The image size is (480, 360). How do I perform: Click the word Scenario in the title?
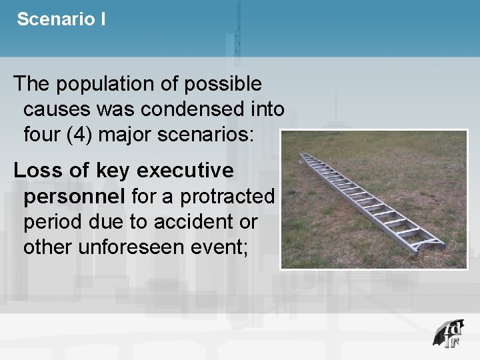click(56, 19)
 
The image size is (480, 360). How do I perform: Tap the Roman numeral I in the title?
click(103, 19)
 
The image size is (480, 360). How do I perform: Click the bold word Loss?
click(36, 171)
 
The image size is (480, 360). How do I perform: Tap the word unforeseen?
click(133, 247)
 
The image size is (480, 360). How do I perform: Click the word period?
click(53, 223)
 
